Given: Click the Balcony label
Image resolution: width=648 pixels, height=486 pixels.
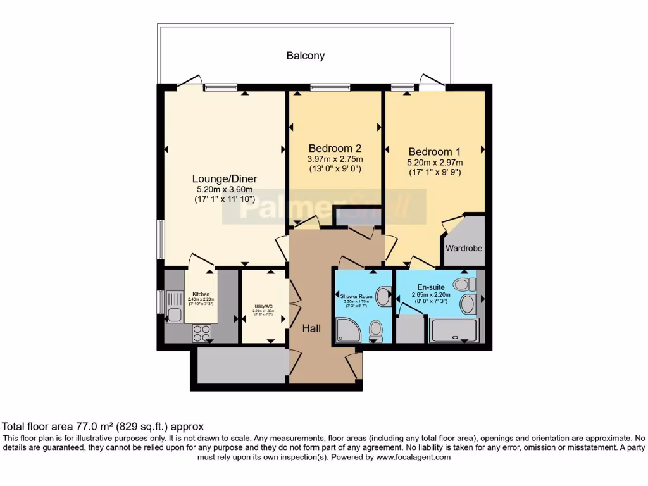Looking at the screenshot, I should [x=306, y=56].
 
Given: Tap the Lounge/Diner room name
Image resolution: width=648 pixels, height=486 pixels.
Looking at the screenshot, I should [x=225, y=178].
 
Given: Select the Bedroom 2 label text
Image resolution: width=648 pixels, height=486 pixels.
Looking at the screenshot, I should [x=335, y=147].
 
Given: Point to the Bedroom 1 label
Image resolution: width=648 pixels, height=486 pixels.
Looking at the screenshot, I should [x=434, y=152].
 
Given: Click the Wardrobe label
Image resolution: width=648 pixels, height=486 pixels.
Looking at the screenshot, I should [x=464, y=249].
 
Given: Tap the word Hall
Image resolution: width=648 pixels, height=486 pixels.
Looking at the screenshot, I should [x=311, y=328].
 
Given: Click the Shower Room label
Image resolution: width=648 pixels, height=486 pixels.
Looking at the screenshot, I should [x=357, y=296].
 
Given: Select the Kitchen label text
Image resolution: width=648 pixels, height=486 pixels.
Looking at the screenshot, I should [x=201, y=294].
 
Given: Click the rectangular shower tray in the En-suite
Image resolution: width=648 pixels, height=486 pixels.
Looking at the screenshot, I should [x=454, y=330].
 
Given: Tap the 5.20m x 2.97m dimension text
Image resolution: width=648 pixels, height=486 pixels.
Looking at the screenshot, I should [x=434, y=163].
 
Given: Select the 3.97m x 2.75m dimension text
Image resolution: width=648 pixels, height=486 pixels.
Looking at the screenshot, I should [x=335, y=159].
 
